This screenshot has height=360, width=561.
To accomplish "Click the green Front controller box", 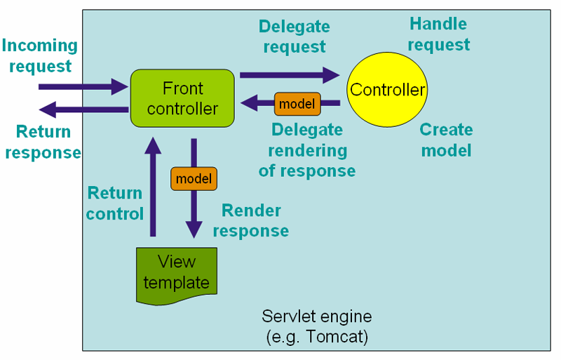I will (x=182, y=98).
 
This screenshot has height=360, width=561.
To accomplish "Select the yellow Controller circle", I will (x=387, y=90).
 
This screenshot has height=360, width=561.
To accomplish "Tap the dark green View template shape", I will (x=177, y=274).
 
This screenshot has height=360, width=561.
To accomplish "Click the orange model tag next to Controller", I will (x=297, y=104).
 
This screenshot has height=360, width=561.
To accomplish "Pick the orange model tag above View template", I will (x=194, y=179).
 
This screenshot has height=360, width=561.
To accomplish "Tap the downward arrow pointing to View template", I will (x=194, y=211).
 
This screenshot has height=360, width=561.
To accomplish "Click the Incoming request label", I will (x=39, y=56).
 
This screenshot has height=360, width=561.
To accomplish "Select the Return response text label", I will (x=43, y=142).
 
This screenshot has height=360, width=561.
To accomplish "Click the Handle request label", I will (x=438, y=34).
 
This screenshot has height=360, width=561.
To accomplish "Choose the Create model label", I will (x=446, y=140).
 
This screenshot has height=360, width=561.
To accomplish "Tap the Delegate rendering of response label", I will (x=307, y=150).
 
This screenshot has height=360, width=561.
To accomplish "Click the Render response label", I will (x=251, y=220).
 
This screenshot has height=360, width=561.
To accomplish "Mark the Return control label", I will (x=114, y=203).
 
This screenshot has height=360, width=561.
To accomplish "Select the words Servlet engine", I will (x=316, y=316).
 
